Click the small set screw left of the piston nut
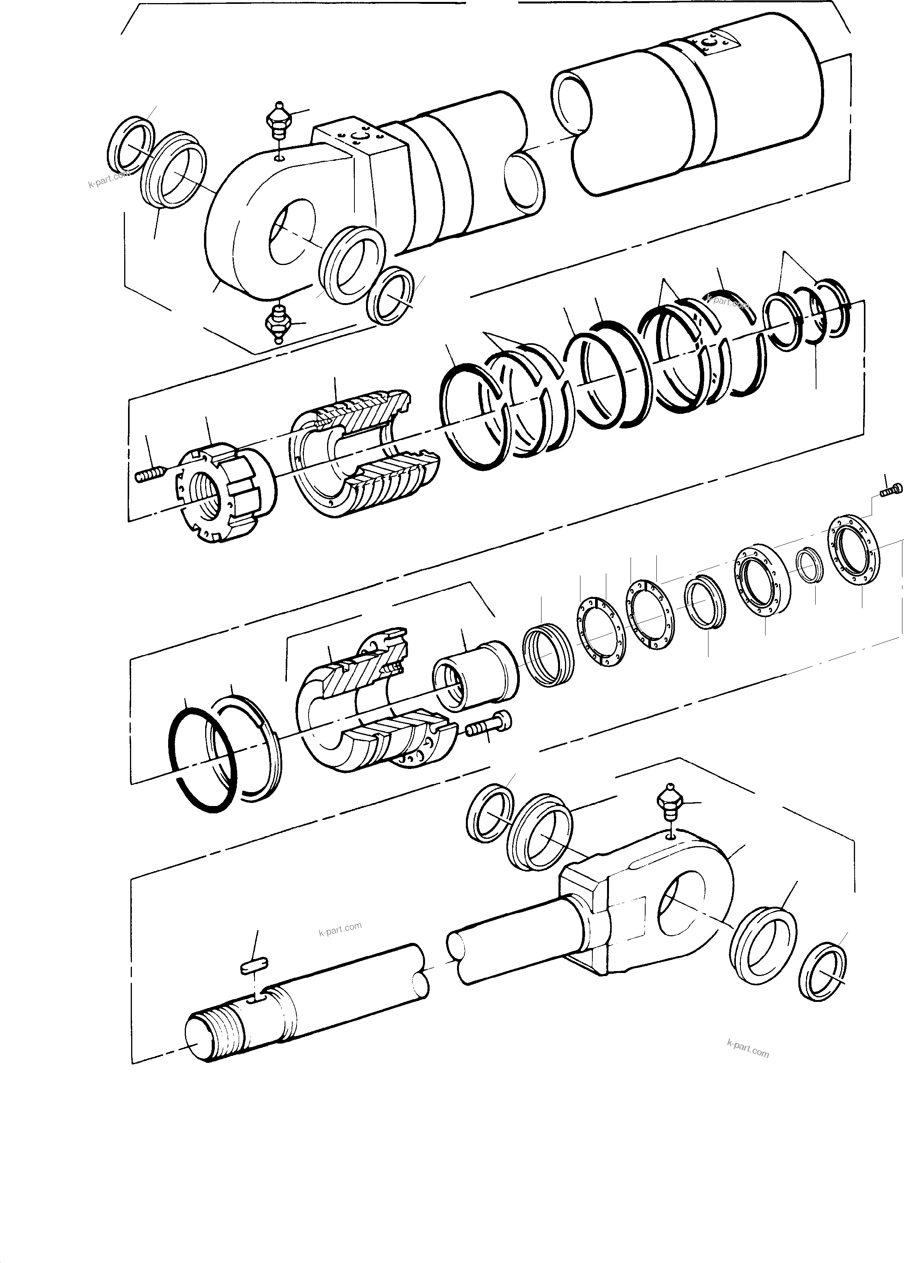point(149,474)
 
